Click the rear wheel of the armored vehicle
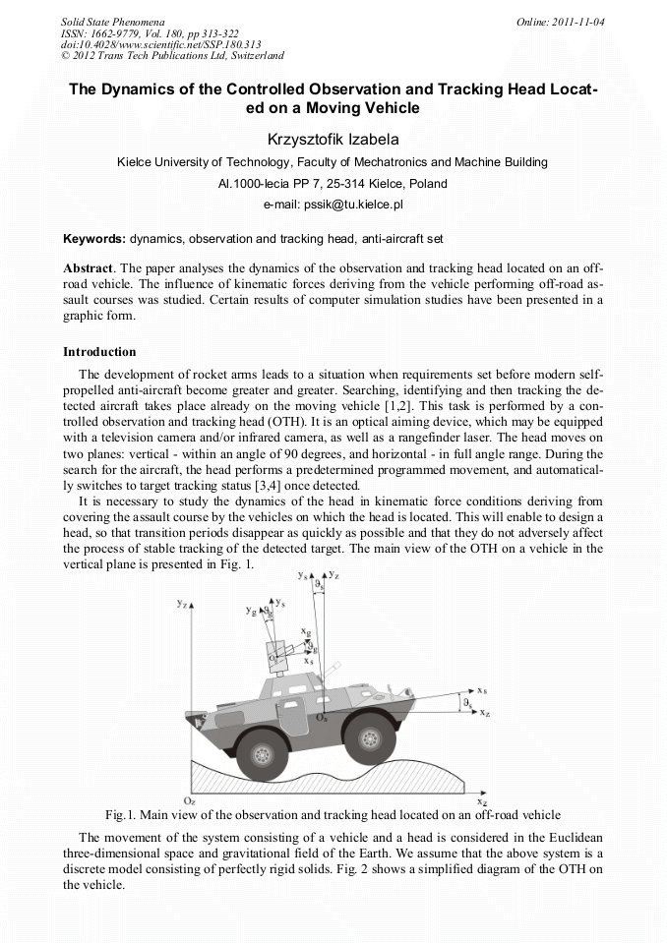click(262, 752)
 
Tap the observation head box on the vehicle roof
click(279, 652)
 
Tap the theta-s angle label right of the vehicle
click(468, 704)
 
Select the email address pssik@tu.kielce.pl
click(333, 205)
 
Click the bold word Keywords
click(93, 239)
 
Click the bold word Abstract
click(89, 268)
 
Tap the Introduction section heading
click(99, 351)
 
